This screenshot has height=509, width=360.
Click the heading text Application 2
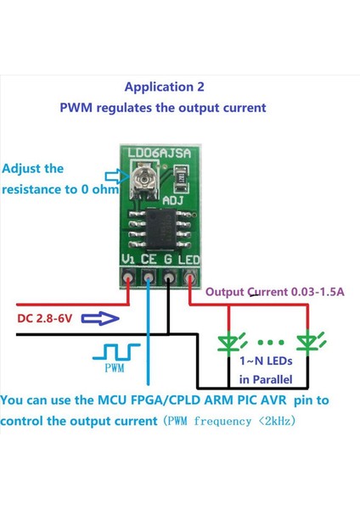click(x=164, y=87)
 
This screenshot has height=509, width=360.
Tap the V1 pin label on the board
click(x=127, y=258)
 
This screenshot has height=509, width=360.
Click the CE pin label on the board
click(x=150, y=258)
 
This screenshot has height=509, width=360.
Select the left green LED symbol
click(x=228, y=342)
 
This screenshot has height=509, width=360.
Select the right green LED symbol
click(x=307, y=342)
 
